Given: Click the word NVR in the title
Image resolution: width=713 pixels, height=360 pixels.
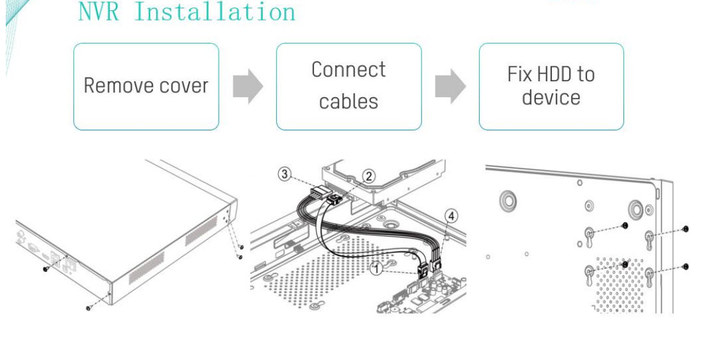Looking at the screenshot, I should (x=98, y=12).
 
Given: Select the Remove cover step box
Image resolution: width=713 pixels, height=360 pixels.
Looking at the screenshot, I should (x=146, y=86).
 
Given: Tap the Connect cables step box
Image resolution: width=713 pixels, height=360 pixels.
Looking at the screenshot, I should (x=349, y=86).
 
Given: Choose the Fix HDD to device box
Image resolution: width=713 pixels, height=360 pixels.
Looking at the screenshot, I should (x=551, y=86).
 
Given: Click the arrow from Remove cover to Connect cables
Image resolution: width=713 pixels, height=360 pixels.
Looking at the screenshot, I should (x=247, y=86).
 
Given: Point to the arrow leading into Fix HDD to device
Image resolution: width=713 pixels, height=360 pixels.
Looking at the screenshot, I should (x=450, y=86).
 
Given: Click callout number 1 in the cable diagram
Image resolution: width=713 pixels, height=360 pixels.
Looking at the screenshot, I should (x=377, y=269).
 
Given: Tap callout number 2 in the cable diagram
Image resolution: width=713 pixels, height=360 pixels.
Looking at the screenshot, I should (x=368, y=176).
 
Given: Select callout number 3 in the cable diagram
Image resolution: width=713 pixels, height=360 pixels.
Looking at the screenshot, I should (x=285, y=173).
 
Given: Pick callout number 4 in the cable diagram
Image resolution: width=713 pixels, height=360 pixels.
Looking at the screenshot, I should (x=451, y=216).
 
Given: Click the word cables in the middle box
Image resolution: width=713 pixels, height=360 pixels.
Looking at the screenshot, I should (x=349, y=101).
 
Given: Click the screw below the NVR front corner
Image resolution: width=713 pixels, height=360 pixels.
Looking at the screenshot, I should (x=89, y=308).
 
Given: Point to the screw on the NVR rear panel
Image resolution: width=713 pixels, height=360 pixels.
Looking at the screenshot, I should (x=46, y=269).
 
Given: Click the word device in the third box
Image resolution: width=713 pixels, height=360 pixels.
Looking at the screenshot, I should (x=551, y=98).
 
